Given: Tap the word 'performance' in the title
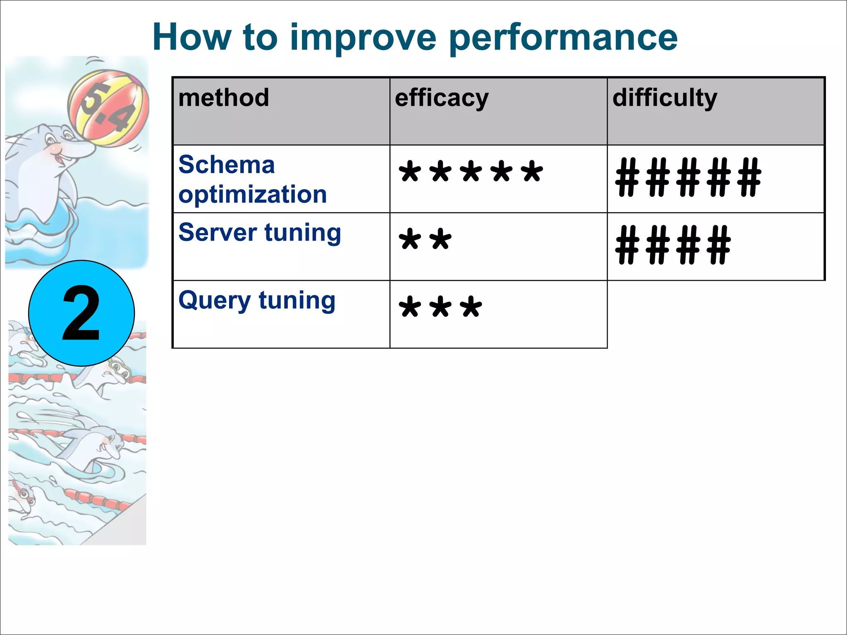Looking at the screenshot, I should [563, 38].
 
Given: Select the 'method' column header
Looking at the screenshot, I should [224, 98].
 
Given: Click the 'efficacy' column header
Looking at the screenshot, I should [442, 98].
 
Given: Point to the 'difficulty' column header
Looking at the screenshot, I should [665, 98].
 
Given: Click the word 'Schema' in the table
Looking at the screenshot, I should [227, 165].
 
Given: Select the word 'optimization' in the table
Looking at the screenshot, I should [253, 194].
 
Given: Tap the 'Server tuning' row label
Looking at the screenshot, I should [260, 233].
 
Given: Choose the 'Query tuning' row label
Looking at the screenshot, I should [257, 301].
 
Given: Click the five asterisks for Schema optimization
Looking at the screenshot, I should [470, 172].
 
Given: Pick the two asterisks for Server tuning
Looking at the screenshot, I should [425, 240].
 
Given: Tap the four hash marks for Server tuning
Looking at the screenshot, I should [673, 245].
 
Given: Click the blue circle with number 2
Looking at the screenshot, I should [81, 313].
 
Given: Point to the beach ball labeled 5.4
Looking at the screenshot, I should [108, 108].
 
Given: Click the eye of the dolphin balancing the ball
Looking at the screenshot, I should [50, 138].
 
